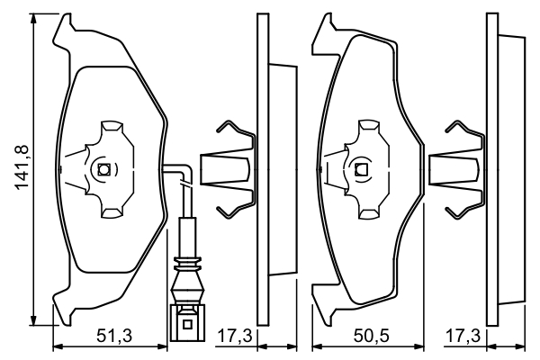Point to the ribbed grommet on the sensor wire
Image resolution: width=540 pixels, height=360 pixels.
[x=187, y=266]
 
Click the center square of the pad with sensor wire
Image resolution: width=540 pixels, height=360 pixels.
[x=103, y=169]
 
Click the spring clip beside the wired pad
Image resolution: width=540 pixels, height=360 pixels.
[x=227, y=168]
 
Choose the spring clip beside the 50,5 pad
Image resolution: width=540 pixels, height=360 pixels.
[x=458, y=168]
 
